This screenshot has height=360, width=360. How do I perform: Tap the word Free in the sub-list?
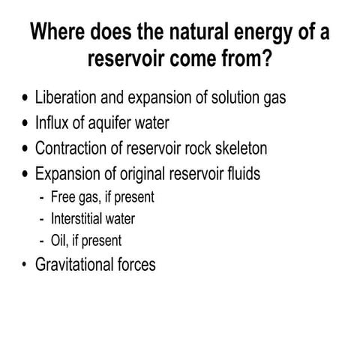click(64, 197)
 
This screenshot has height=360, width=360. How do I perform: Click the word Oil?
click(59, 241)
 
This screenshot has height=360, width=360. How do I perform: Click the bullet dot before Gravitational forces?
click(24, 265)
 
